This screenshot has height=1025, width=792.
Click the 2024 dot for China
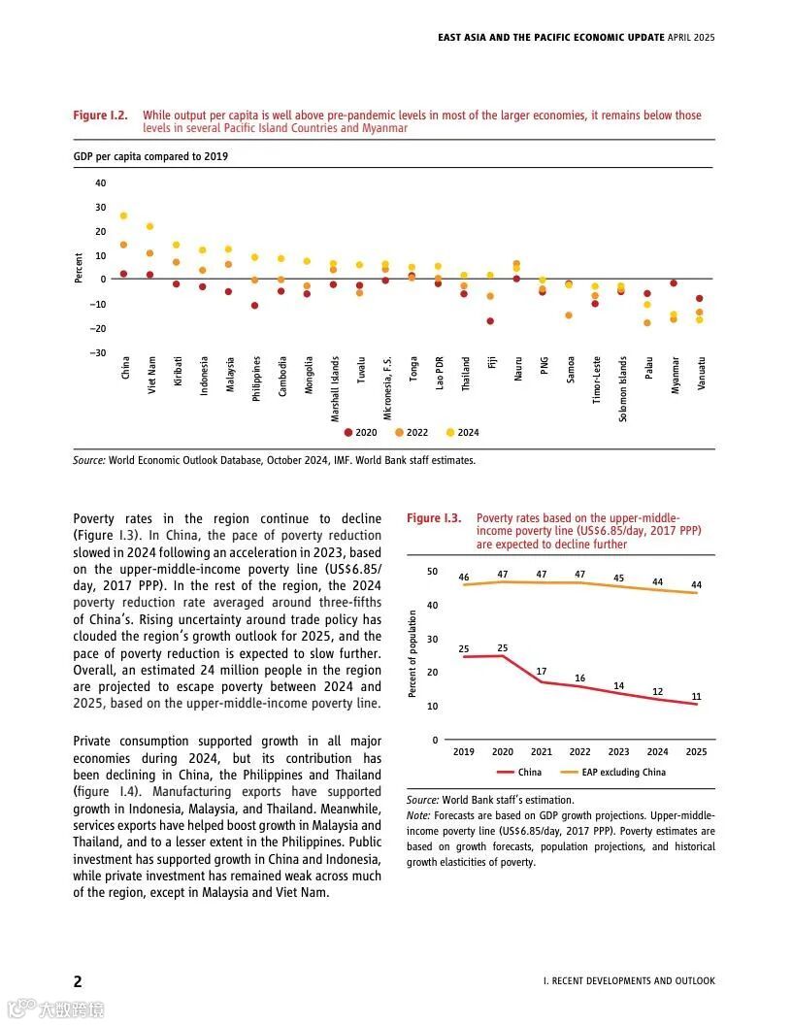(123, 215)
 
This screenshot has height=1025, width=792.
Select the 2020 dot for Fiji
(490, 321)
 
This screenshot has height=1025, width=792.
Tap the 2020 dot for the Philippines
(254, 306)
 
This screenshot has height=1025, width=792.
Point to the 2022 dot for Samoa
(569, 315)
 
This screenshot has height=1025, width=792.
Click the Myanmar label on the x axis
(675, 374)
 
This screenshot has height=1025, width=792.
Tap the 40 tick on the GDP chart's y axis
(100, 183)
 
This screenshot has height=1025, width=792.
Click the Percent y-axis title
(79, 268)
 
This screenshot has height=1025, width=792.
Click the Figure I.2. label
(101, 116)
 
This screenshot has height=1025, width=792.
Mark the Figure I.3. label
(434, 518)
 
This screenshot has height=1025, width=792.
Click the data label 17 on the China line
(541, 672)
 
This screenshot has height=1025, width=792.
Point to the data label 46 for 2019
(464, 578)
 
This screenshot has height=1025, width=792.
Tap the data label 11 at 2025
(696, 696)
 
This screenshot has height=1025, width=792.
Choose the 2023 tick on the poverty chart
(618, 752)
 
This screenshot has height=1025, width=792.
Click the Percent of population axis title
(412, 653)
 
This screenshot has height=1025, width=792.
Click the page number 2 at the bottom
(78, 979)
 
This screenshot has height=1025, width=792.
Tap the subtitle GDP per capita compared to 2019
(150, 155)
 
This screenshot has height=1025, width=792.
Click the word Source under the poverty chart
(422, 800)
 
